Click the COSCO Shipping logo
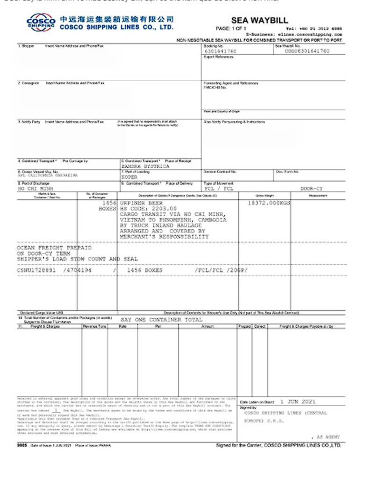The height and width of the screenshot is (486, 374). (41, 22)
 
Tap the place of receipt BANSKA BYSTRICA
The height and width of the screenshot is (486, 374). (145, 166)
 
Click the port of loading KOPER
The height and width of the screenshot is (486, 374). (129, 177)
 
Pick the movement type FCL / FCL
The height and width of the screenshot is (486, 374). (219, 189)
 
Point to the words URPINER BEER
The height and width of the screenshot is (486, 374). (143, 204)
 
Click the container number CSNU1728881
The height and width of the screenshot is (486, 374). (37, 270)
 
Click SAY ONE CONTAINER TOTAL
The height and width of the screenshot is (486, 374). (161, 320)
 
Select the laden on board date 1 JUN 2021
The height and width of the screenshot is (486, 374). (298, 401)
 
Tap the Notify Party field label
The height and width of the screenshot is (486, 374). (29, 122)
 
